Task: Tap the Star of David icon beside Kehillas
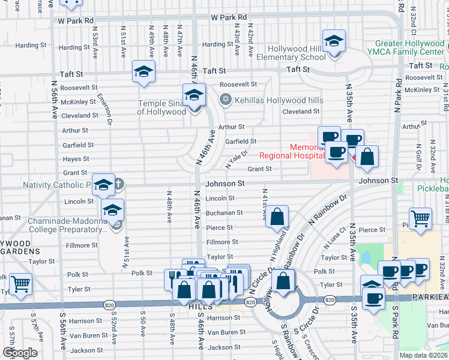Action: (225, 100)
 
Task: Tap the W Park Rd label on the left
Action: (76, 20)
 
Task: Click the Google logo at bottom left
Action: (20, 353)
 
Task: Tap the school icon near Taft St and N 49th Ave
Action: (143, 71)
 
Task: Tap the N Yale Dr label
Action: (237, 158)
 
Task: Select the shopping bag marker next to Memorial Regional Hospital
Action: (367, 157)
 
